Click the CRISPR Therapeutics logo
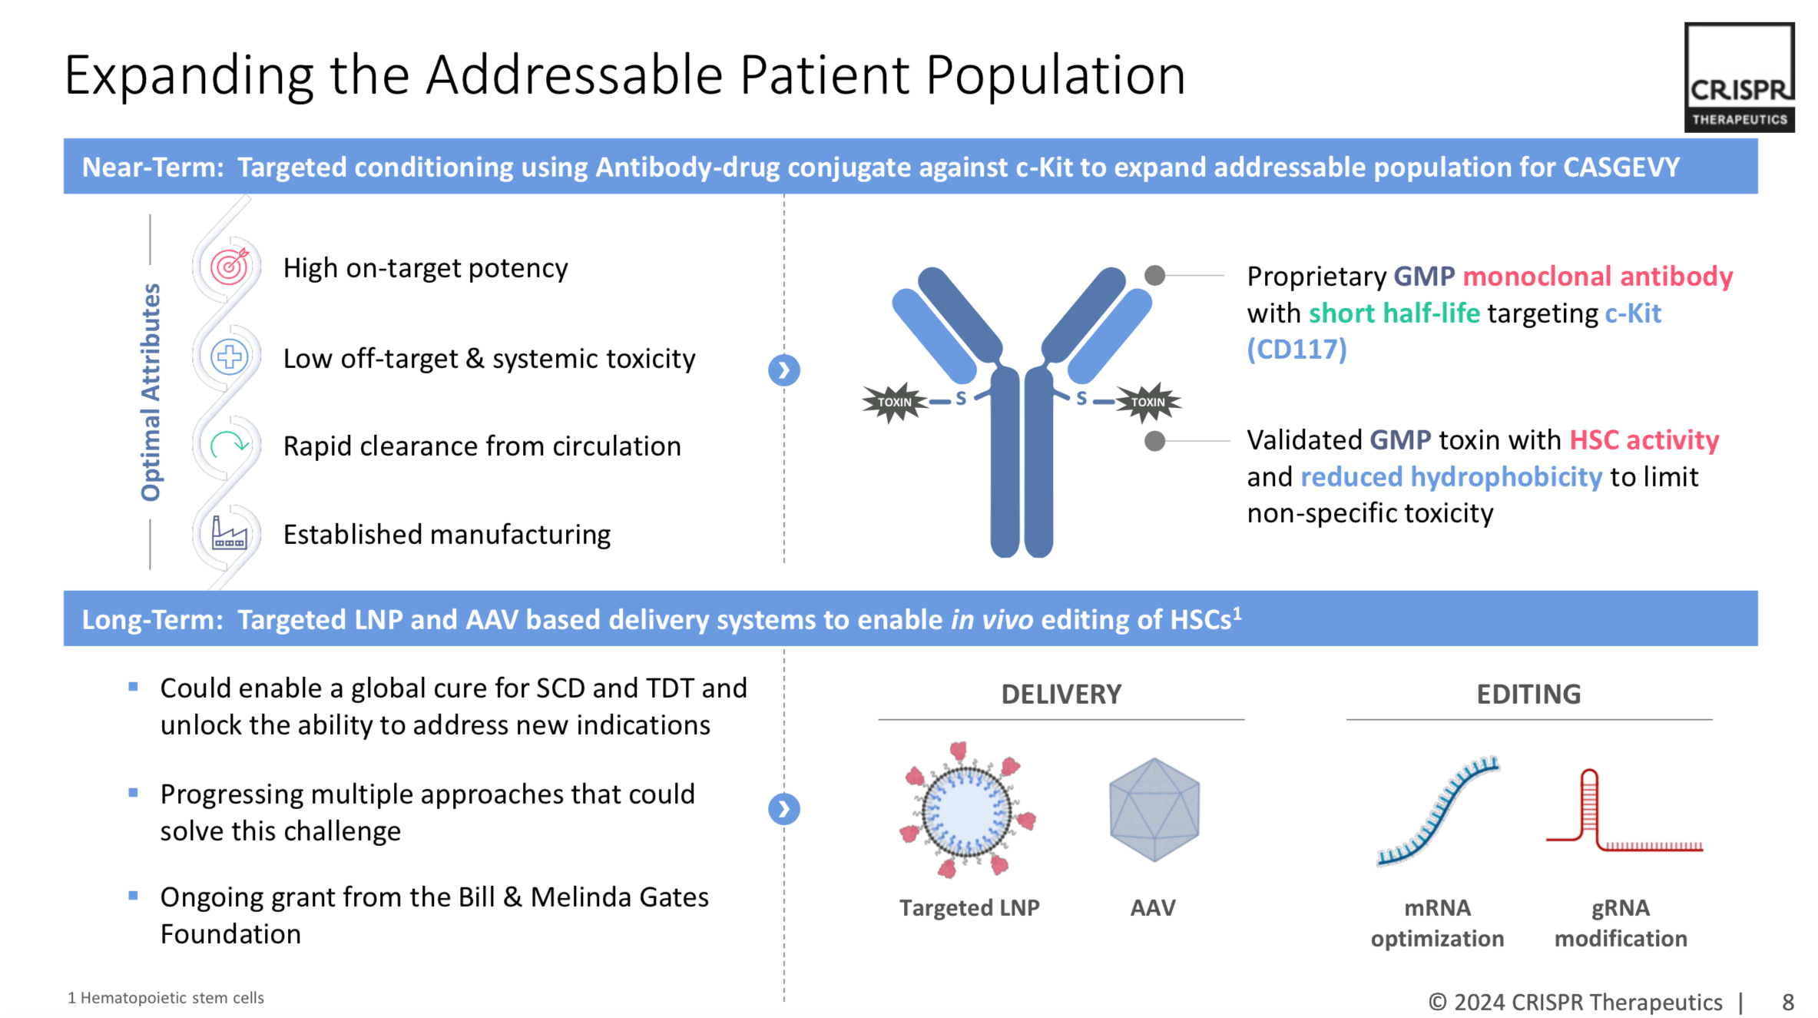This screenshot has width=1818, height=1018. coord(1739,78)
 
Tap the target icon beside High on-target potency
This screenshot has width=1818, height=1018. coord(230,267)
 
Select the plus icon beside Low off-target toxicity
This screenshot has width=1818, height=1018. coord(229,357)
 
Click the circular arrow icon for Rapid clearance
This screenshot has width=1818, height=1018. coord(229,445)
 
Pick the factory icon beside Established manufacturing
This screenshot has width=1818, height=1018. coord(229,533)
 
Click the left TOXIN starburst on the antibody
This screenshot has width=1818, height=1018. coord(894,402)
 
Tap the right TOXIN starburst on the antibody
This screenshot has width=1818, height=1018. coord(1147,402)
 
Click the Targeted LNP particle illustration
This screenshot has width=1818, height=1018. coord(967,810)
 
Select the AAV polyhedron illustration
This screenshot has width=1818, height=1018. coord(1154,810)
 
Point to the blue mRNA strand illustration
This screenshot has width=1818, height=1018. coord(1437,811)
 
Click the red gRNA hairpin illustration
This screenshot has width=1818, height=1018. coord(1621,814)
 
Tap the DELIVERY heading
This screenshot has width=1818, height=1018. coord(1061,695)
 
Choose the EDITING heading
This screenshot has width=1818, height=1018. coord(1528,695)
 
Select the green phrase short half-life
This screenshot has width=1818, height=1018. coord(1394,313)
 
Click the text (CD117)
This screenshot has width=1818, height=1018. coord(1296,350)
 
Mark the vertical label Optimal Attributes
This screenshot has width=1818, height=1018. coord(151,392)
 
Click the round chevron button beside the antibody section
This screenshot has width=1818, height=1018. coord(783,370)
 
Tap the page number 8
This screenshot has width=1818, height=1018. coord(1788,1002)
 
